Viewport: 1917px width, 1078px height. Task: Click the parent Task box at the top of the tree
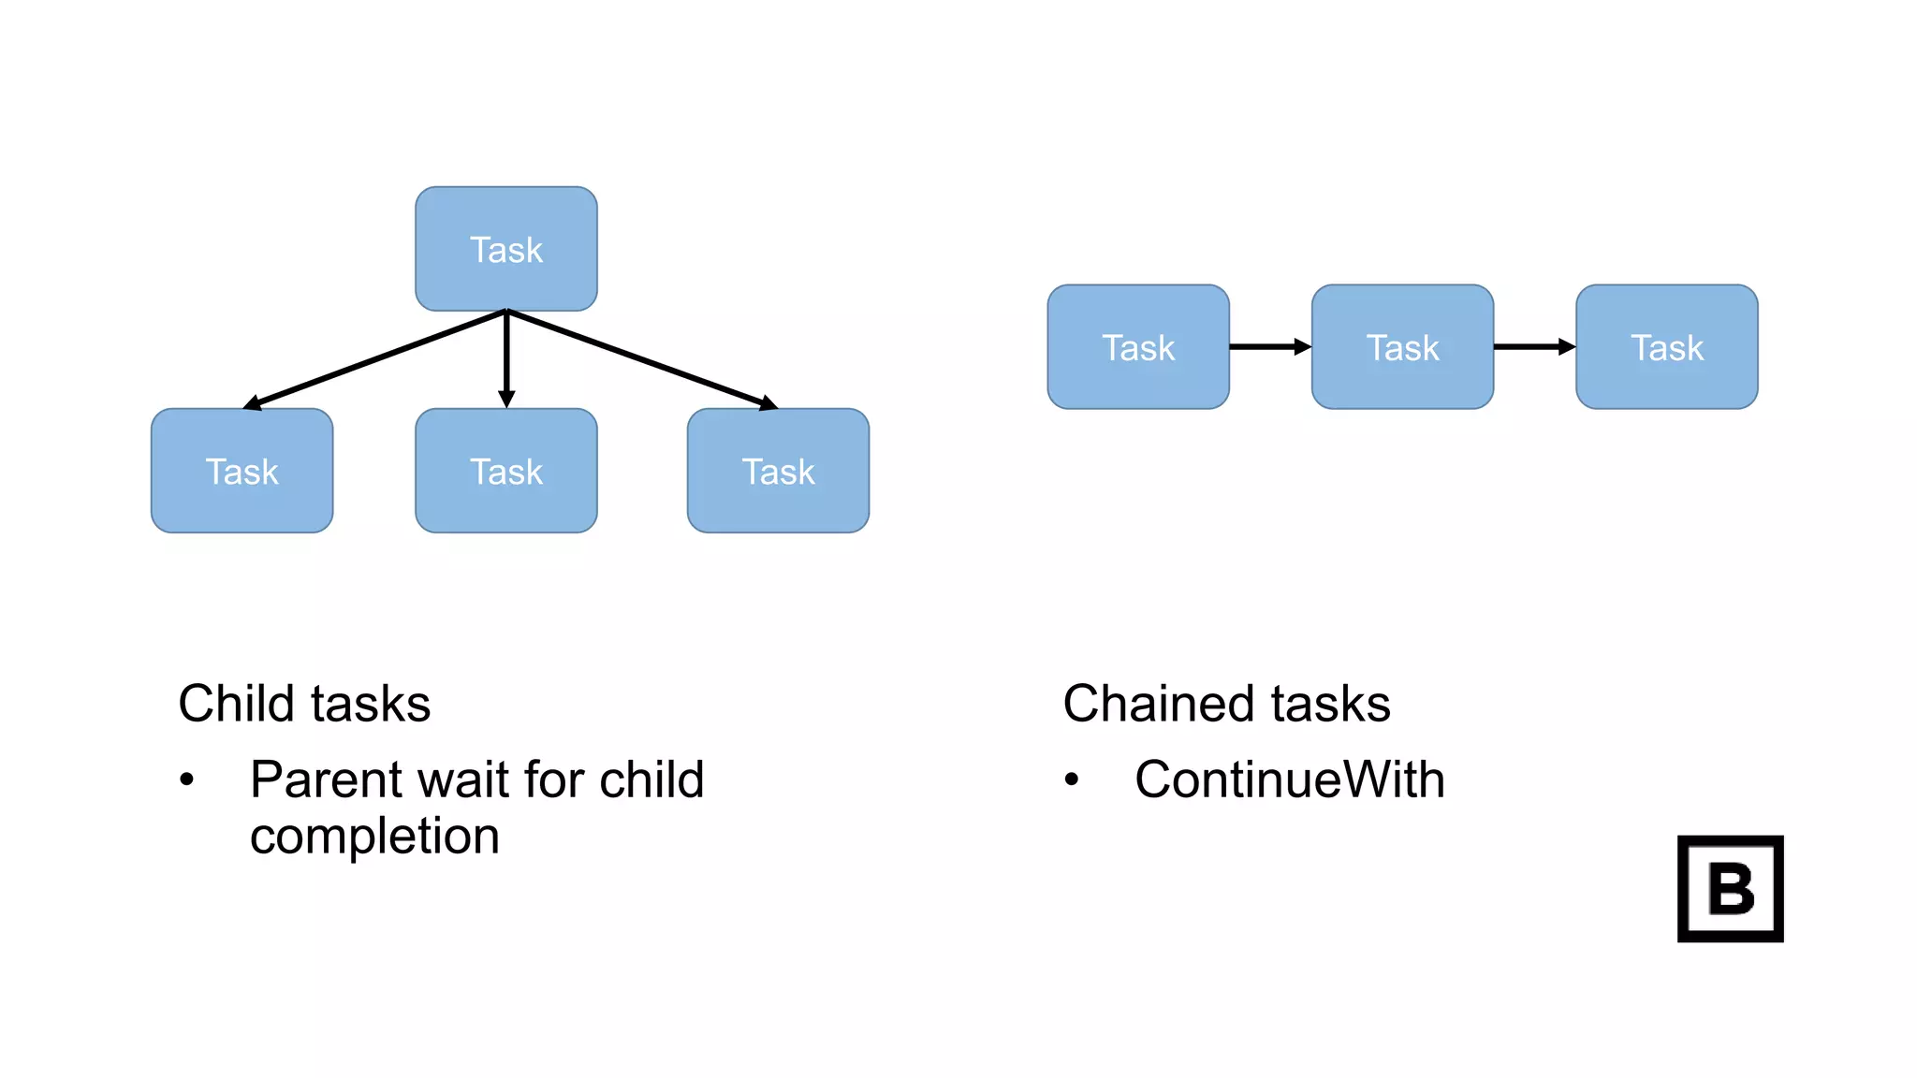click(506, 249)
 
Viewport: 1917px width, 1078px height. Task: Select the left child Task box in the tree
click(242, 471)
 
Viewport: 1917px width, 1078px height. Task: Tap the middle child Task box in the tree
click(506, 471)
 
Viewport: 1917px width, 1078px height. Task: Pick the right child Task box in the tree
click(778, 471)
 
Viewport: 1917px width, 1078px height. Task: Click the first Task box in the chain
click(1138, 347)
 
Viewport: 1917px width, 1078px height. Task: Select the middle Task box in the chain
click(1402, 347)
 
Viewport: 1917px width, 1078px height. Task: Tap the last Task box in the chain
click(1666, 347)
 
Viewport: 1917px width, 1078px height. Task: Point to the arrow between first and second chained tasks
click(1269, 347)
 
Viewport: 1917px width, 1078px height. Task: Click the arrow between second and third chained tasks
click(1533, 347)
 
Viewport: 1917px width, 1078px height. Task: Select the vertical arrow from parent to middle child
click(506, 360)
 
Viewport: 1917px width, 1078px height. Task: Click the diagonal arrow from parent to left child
click(374, 359)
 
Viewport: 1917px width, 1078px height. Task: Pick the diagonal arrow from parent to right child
click(642, 359)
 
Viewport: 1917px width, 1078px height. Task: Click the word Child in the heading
click(238, 704)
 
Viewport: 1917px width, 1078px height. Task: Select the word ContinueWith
click(1289, 779)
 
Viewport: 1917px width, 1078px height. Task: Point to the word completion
click(374, 836)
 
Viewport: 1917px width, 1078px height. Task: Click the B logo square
click(1730, 889)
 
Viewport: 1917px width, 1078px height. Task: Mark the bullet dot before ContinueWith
click(1072, 779)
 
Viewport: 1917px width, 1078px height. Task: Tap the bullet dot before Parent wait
click(187, 779)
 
